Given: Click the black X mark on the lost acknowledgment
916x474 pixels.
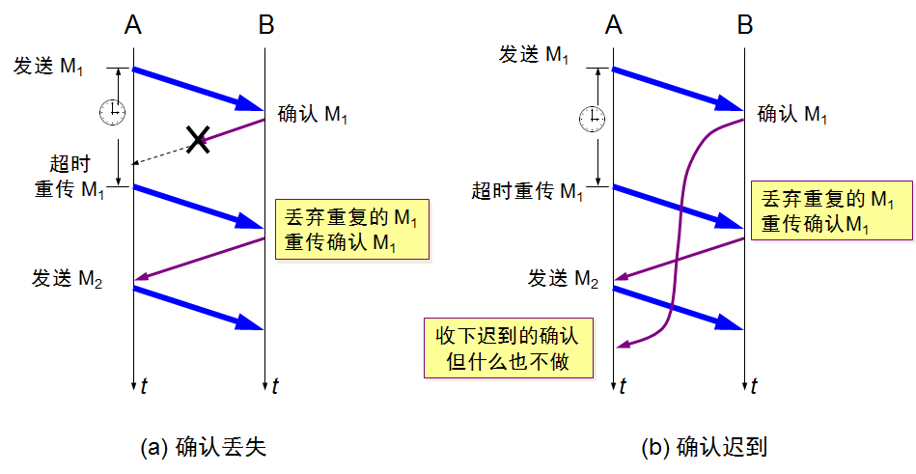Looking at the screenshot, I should point(199,140).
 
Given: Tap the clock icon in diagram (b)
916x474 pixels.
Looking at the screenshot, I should point(592,119).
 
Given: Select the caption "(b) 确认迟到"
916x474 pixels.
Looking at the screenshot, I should point(704,447).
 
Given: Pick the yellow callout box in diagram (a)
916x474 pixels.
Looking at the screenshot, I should point(351,228).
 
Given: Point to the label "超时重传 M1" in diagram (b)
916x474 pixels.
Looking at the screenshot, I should point(527,191).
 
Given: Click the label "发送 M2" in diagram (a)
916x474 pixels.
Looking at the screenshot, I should point(66,280).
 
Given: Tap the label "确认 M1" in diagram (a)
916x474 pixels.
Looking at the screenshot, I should point(313,115).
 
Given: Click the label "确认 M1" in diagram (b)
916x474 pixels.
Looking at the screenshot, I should point(792,115).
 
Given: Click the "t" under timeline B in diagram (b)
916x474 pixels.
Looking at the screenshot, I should point(755,386).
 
